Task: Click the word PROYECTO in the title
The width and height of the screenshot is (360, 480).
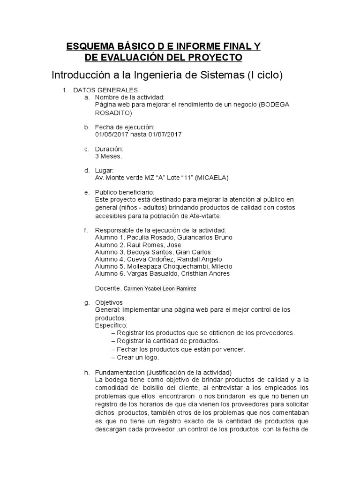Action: [215, 58]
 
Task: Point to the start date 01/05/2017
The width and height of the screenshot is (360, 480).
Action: [111, 135]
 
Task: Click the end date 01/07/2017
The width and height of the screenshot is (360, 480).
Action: [165, 135]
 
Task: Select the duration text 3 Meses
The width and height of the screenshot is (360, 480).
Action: [108, 157]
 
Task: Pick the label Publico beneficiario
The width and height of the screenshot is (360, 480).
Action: [124, 192]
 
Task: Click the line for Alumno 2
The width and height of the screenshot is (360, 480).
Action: [138, 245]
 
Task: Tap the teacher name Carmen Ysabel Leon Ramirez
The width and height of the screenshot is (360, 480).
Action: [160, 289]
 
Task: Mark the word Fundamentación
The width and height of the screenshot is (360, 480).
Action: [120, 372]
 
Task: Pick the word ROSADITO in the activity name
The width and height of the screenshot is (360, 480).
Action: [113, 112]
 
